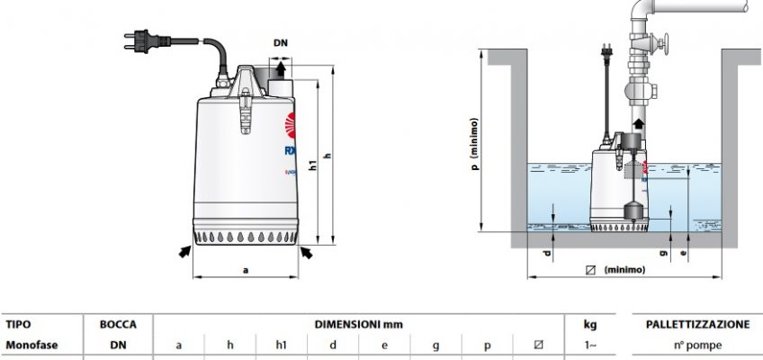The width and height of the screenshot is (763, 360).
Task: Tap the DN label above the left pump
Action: (280, 43)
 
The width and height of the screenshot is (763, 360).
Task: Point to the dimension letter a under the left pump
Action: (247, 267)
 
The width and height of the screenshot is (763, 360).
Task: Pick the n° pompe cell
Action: (697, 344)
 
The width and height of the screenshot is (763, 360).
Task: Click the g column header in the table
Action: (435, 344)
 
